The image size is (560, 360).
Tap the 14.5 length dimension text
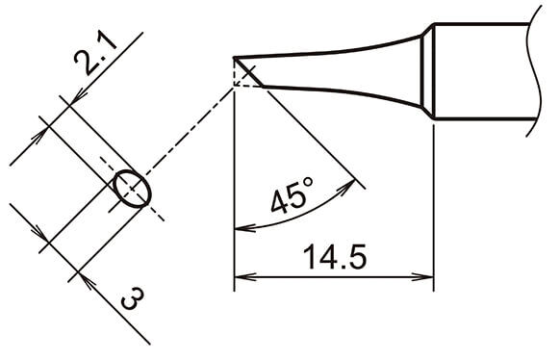(x=335, y=257)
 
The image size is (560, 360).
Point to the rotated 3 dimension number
(x=132, y=298)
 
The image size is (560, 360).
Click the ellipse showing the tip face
(x=133, y=189)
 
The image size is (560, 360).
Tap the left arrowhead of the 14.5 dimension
(x=245, y=277)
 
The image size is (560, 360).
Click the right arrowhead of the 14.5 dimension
(x=422, y=277)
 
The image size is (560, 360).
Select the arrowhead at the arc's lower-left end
(x=245, y=227)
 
